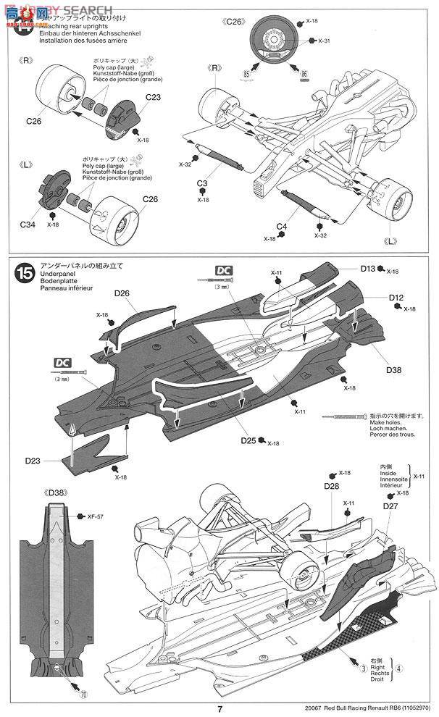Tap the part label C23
(x=153, y=98)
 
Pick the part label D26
(x=122, y=293)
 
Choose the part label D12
(x=396, y=298)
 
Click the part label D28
(x=331, y=485)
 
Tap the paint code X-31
(x=323, y=41)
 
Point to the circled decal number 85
(x=247, y=74)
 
